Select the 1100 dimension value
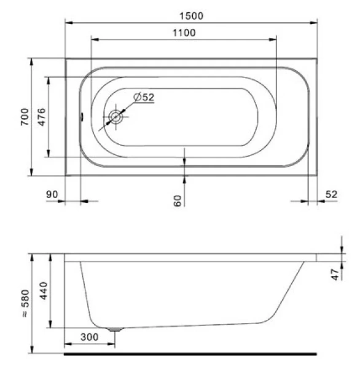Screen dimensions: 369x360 (184, 32)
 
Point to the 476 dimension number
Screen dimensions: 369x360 (41, 116)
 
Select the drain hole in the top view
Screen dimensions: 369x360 (115, 117)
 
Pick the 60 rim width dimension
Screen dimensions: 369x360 (178, 200)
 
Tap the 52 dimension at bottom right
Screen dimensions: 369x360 (331, 194)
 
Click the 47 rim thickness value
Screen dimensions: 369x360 (335, 273)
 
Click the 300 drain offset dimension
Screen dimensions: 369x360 (89, 339)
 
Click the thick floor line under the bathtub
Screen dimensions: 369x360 (190, 354)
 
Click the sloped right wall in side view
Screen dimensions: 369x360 (291, 289)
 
